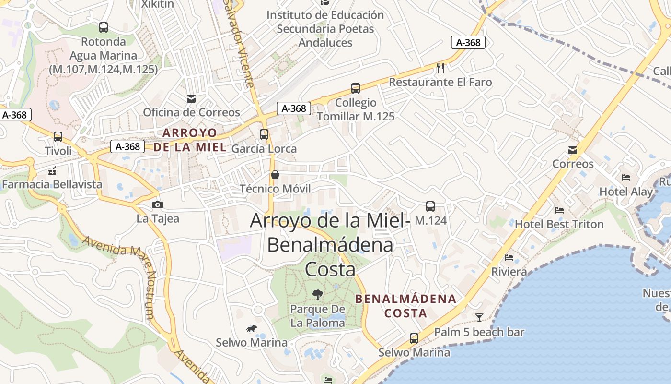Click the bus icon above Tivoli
pos(58,137)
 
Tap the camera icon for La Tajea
pos(157,205)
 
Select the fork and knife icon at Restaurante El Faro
pos(440,68)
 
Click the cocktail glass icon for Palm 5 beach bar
pos(479,317)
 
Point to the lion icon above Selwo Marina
pos(251,328)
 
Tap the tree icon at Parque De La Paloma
pos(317,294)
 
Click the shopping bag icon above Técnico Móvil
pos(275,175)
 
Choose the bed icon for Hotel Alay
pos(626,178)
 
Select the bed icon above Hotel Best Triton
pos(559,210)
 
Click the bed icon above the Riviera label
pos(509,258)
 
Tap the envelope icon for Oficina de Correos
pos(191,98)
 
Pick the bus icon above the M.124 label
pos(430,206)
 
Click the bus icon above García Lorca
pos(264,134)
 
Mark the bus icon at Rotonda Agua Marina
pos(104,27)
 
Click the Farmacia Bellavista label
pos(52,184)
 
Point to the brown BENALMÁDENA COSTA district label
pos(405,306)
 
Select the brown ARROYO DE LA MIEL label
pos(190,140)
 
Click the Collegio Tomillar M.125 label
pos(356,109)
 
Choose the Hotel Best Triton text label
pos(559,224)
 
